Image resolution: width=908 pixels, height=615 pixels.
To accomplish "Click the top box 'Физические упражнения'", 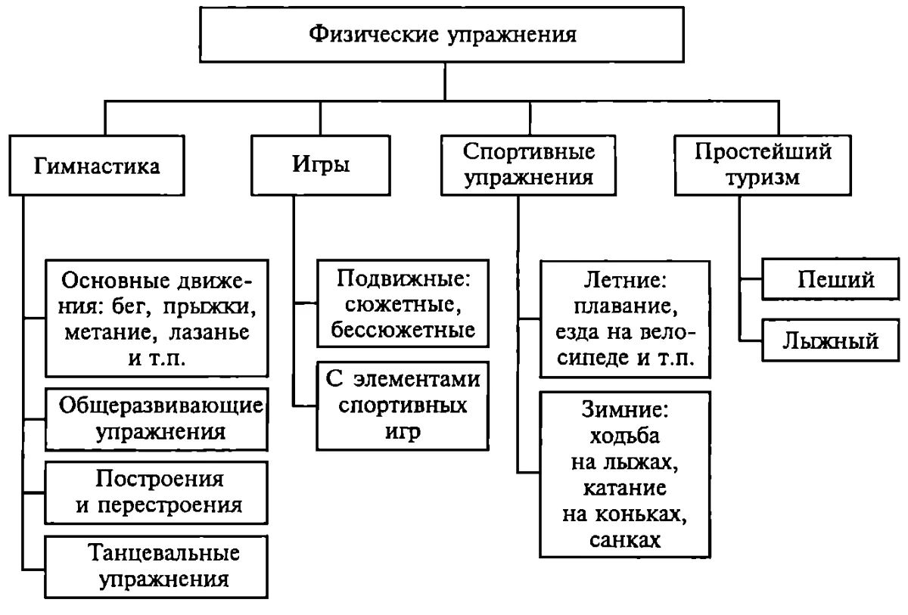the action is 442,35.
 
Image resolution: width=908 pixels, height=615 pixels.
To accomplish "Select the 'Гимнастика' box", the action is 97,166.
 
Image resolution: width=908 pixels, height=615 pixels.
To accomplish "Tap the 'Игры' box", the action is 321,166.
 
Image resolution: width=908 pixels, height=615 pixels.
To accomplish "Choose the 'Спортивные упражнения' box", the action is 529,166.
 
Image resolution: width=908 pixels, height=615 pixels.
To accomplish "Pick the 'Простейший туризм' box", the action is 763,166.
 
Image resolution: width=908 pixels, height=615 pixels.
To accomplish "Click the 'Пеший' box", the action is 830,279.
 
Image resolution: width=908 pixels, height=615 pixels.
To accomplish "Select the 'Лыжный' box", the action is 830,340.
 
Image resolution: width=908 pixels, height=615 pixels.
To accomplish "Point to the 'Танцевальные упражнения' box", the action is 157,567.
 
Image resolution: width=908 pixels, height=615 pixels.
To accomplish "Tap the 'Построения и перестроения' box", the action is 157,492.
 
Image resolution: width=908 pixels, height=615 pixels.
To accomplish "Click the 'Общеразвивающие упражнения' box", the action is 157,419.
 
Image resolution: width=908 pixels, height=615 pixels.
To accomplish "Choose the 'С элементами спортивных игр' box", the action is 403,405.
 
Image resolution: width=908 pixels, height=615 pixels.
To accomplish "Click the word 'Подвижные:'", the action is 403,278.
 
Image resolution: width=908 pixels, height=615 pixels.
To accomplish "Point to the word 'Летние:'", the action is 625,280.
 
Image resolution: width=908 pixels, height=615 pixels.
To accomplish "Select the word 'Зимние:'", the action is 625,409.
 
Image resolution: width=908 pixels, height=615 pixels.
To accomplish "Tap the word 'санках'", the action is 625,540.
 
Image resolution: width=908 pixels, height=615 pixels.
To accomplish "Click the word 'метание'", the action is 107,333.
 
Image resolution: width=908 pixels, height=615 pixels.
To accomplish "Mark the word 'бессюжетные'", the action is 403,330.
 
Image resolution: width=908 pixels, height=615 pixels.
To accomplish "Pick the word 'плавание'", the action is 626,306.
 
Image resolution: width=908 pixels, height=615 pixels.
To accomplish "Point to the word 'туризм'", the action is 763,179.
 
